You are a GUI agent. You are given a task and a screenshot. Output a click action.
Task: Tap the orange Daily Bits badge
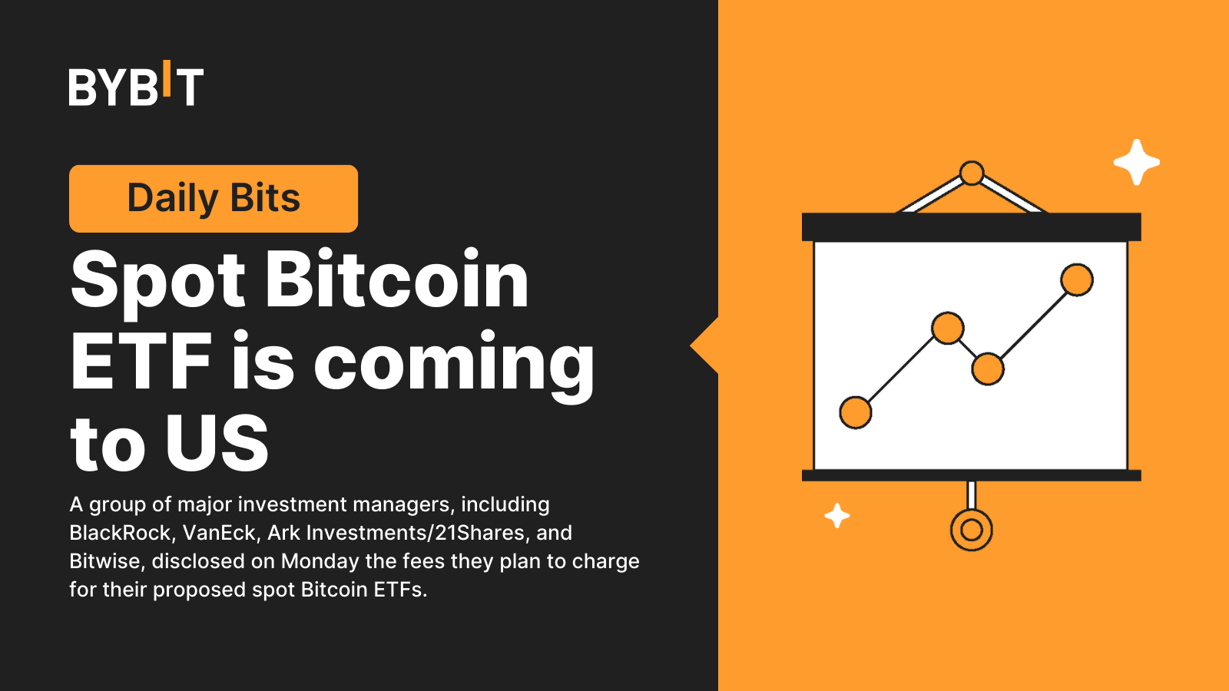pos(214,198)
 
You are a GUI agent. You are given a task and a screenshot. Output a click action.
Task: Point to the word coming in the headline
pos(454,365)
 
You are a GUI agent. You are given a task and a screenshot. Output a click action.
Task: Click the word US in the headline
pos(217,443)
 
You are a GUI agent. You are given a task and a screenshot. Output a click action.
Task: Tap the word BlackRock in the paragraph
pos(120,533)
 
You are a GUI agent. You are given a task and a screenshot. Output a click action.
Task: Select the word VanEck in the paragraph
pos(219,533)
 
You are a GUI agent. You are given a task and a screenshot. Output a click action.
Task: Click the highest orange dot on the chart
pos(1077,279)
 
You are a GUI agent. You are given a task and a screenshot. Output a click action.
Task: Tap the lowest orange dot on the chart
pos(856,412)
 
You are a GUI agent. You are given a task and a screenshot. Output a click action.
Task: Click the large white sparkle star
pos(1137,162)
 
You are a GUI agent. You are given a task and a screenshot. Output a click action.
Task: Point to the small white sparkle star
pos(837,515)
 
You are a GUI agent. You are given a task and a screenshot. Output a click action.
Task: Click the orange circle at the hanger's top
pos(972,173)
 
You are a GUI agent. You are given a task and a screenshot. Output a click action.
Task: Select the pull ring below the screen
pos(972,530)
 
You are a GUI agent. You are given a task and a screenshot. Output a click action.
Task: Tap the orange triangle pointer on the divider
pos(705,346)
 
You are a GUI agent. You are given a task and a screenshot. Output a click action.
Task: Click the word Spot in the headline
pos(158,281)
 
